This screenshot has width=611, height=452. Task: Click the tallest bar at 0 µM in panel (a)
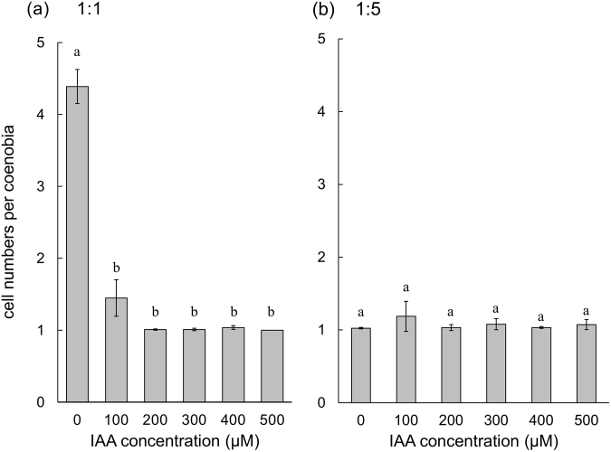tap(77, 244)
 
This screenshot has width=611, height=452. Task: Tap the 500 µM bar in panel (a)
tap(272, 365)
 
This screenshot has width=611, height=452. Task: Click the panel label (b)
tap(323, 13)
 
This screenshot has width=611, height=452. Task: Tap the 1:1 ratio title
tap(70, 13)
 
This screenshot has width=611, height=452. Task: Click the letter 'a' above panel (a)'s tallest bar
tap(77, 53)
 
